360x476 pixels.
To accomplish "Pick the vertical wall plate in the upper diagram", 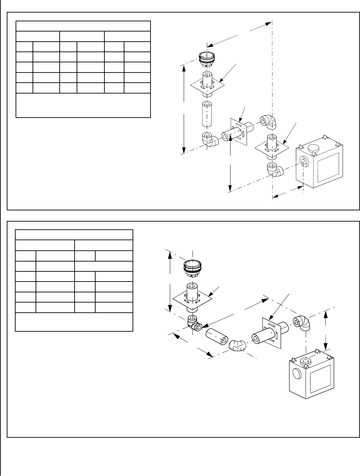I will pos(240,133).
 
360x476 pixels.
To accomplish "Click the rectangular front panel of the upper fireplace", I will pos(327,168).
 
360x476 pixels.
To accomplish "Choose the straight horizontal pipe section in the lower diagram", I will pos(218,337).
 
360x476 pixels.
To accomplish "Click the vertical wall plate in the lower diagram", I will pos(272,332).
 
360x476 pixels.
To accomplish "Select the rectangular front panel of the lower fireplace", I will pos(321,380).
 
